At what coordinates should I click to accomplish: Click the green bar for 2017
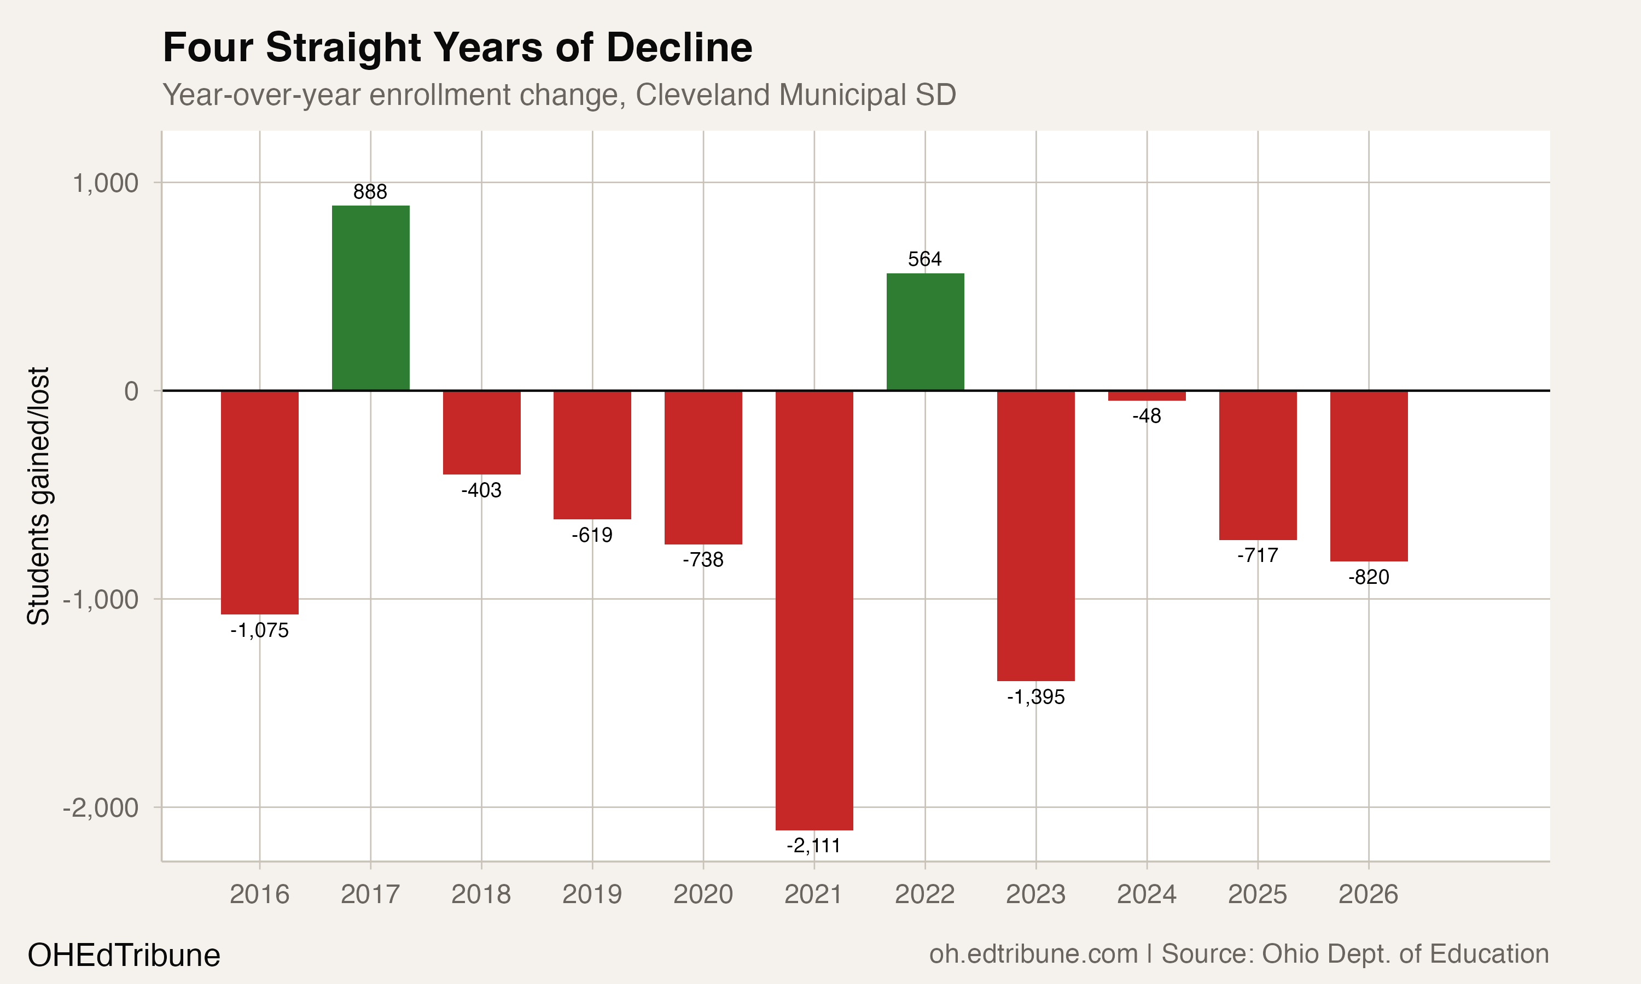(371, 298)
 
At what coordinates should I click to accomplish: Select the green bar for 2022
(926, 331)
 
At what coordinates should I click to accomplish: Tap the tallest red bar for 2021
(814, 610)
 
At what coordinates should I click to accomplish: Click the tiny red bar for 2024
(1147, 396)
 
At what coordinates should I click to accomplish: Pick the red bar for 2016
(259, 502)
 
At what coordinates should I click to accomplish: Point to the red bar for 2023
(1035, 536)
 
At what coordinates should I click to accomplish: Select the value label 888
(370, 192)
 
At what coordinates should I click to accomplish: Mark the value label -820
(1369, 577)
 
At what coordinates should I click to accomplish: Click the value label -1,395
(1035, 698)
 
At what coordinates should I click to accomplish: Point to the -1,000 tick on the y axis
(101, 599)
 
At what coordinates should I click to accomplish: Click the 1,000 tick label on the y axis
(106, 183)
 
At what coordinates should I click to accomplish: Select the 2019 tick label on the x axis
(592, 894)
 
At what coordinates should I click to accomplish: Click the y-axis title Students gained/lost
(38, 496)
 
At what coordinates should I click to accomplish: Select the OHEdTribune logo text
(124, 956)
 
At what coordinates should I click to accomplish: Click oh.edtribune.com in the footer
(1033, 954)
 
